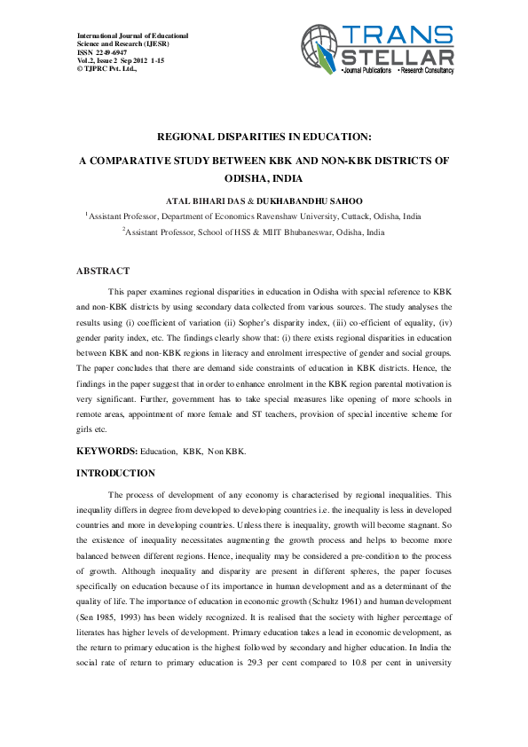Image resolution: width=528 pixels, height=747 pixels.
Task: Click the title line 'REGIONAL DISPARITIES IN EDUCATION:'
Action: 264,138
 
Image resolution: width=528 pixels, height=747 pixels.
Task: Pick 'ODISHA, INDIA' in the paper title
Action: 264,177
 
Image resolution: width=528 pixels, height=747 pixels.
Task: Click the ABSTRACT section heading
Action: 104,271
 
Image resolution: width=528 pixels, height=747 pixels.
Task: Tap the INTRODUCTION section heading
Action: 116,473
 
